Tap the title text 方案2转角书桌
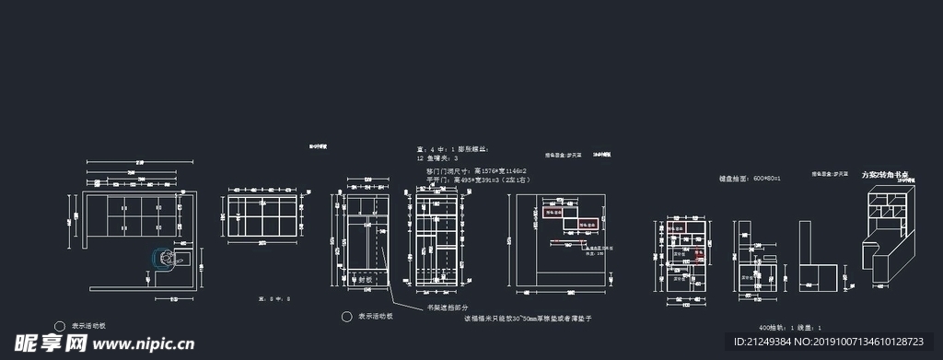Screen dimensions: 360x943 coord(885,174)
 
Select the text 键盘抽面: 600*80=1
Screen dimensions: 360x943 coord(750,177)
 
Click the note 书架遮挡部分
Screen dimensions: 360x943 coord(447,308)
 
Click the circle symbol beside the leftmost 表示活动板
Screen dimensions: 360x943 coord(60,326)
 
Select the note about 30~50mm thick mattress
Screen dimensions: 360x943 coord(526,318)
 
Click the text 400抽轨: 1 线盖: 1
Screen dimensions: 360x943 coord(789,328)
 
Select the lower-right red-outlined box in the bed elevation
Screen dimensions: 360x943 coord(587,224)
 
